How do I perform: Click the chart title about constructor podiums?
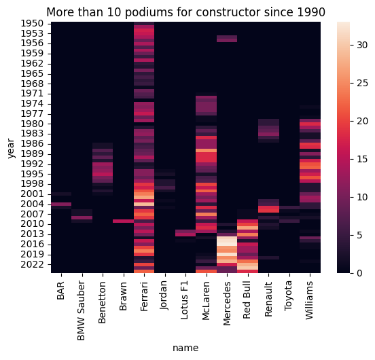[185, 12]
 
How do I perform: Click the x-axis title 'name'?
[185, 347]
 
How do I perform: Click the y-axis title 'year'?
[12, 147]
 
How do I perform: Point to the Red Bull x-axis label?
[247, 296]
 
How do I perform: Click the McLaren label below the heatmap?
[206, 296]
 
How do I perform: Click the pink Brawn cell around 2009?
[124, 221]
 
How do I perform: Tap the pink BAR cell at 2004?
[61, 204]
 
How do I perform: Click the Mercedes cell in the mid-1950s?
[227, 39]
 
